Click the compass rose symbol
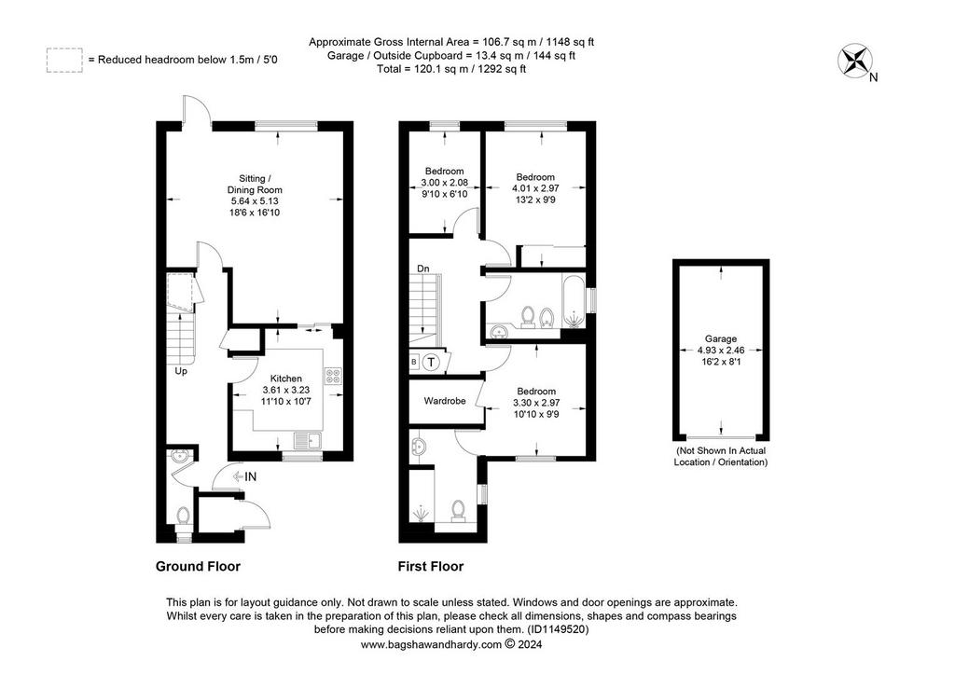(x=854, y=61)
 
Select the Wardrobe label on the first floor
(x=445, y=401)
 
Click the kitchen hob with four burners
(x=333, y=376)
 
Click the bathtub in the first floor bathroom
(x=573, y=301)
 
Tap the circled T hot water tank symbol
(x=431, y=363)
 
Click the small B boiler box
(x=414, y=363)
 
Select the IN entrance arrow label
(x=244, y=476)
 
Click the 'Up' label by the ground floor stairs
(x=181, y=371)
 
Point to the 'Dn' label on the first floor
(x=422, y=269)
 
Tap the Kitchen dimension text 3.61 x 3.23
(x=285, y=390)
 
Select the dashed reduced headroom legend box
(x=64, y=61)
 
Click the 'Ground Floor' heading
(x=198, y=567)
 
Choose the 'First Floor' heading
(x=431, y=567)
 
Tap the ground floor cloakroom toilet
(x=184, y=517)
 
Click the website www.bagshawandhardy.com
(x=431, y=644)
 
